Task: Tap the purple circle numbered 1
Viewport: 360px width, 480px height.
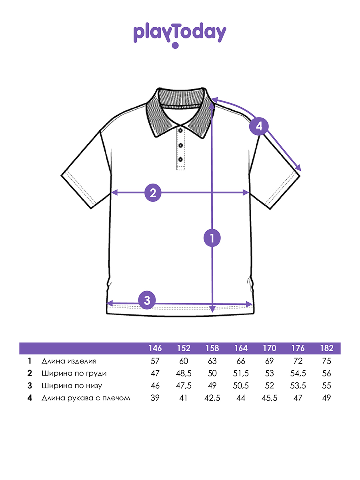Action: [x=212, y=238]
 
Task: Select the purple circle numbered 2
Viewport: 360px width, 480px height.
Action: [x=153, y=193]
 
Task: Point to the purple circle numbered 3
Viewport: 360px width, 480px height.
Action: [x=147, y=300]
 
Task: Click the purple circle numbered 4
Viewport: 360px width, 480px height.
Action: [x=259, y=126]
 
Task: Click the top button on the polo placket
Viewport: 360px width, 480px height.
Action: [x=180, y=130]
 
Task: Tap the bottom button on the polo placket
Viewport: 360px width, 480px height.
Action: [x=180, y=160]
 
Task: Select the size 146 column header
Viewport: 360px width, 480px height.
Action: [x=155, y=348]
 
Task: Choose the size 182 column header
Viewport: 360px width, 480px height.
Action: [x=326, y=348]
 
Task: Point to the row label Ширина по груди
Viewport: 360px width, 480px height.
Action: [x=74, y=374]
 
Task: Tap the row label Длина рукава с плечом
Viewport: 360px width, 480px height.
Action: [x=86, y=398]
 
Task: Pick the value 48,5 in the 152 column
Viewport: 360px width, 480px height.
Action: [x=184, y=374]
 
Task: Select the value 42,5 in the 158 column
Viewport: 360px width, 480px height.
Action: [x=212, y=398]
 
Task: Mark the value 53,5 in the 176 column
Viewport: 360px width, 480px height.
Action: [x=298, y=386]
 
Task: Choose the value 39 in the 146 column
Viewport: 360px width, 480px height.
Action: [x=155, y=398]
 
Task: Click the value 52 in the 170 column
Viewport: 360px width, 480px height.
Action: [x=269, y=386]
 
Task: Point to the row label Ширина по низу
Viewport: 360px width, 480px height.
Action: [x=72, y=386]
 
